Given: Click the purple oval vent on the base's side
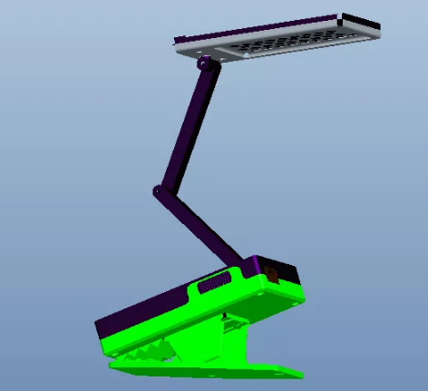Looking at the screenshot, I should [x=210, y=286].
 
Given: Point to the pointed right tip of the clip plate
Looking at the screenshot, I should [x=302, y=373].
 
